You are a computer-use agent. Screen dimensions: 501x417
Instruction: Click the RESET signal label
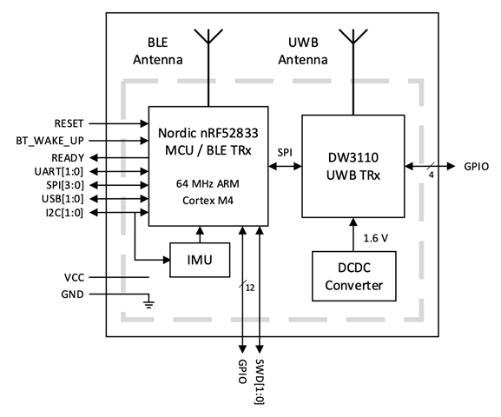tap(69, 123)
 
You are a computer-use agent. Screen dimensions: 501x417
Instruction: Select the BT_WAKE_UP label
tap(50, 141)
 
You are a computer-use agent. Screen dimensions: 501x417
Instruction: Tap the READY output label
tap(68, 158)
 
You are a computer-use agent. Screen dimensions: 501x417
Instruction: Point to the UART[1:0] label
tap(59, 172)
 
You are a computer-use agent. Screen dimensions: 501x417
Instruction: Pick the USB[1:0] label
tap(63, 199)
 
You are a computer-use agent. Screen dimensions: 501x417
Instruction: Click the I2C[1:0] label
tap(64, 213)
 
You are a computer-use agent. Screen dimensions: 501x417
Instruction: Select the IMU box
tap(200, 260)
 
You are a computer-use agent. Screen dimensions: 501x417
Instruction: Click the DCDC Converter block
tap(354, 276)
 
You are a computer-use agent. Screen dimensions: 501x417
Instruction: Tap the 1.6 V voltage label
tap(376, 238)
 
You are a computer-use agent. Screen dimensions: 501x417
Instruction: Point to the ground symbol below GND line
tap(148, 304)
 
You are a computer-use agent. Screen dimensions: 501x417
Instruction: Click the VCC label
tap(74, 278)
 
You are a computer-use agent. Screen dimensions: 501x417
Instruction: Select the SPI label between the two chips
tap(285, 153)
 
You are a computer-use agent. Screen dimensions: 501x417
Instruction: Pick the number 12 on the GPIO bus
tap(250, 288)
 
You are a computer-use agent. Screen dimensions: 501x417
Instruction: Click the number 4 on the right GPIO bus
tap(432, 175)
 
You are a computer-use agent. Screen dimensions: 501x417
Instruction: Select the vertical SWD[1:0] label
tap(260, 382)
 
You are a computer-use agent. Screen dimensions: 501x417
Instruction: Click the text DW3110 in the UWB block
tap(353, 157)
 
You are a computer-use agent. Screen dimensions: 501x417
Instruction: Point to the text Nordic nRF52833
tap(208, 133)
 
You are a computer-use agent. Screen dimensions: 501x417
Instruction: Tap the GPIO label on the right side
tap(477, 167)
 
